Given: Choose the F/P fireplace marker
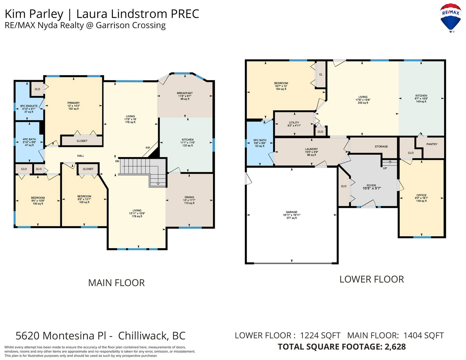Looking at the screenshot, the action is tap(148, 148).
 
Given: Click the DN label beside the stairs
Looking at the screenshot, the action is tap(117, 161).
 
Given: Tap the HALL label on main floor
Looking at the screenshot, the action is tap(81, 156).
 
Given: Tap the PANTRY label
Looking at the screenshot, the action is tap(432, 144).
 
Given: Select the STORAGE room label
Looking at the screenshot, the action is tap(381, 147).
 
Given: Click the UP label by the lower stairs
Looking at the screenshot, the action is tap(385, 168).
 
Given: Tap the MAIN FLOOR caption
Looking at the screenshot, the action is tap(116, 283).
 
